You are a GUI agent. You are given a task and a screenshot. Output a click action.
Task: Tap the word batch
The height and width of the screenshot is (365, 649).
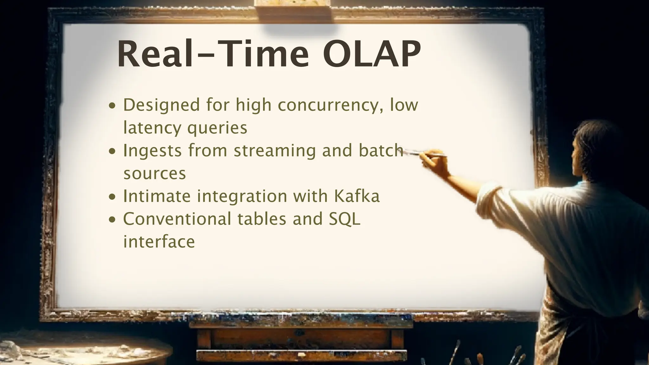click(x=381, y=150)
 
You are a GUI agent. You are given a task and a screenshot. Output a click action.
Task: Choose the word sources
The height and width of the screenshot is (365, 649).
click(x=155, y=174)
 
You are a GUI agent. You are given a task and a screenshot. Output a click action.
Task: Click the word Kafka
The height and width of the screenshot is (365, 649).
click(x=357, y=196)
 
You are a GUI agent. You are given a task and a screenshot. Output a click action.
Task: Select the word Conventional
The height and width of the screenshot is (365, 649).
click(x=177, y=219)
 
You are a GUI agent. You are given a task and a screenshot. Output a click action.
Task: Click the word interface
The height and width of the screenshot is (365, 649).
click(x=159, y=241)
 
